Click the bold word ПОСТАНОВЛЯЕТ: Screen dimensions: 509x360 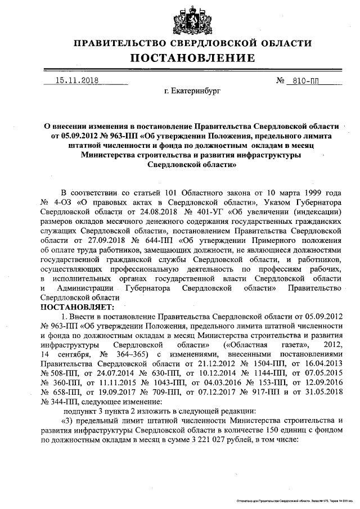77,307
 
